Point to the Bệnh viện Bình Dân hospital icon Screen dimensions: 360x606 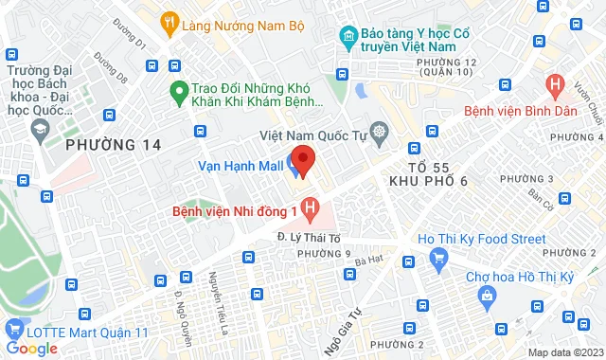tap(556, 86)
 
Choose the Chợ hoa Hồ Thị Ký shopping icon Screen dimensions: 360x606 tap(486, 296)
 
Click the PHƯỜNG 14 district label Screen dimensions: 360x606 tap(113, 144)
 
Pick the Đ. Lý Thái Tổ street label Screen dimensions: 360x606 tap(308, 236)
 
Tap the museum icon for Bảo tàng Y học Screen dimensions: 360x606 tap(348, 39)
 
